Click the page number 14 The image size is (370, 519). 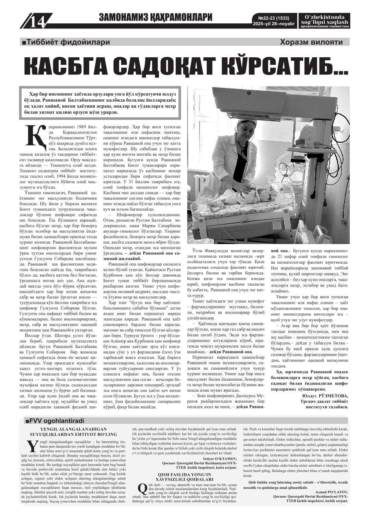pos(37,22)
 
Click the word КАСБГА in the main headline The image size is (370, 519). pos(67,66)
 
